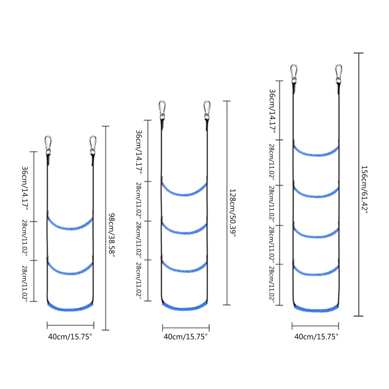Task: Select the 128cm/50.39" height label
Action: pyautogui.click(x=232, y=213)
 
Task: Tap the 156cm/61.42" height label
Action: pyautogui.click(x=364, y=189)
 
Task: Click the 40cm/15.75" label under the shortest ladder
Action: pyautogui.click(x=70, y=336)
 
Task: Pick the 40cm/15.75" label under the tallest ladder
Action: pyautogui.click(x=317, y=336)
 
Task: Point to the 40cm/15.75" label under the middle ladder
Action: pyautogui.click(x=186, y=336)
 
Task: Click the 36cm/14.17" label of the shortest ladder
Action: pyautogui.click(x=25, y=188)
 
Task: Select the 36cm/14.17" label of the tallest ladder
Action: pyautogui.click(x=272, y=111)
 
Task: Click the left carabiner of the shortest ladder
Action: pyautogui.click(x=48, y=145)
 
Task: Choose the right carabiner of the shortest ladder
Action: pyautogui.click(x=92, y=145)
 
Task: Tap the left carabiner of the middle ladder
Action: pyautogui.click(x=162, y=110)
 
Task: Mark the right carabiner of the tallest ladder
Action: pyautogui.click(x=338, y=74)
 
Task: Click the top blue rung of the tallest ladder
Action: pyautogui.click(x=316, y=155)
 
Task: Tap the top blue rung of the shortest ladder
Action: pyautogui.click(x=71, y=228)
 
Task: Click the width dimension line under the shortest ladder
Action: pyautogui.click(x=71, y=325)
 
